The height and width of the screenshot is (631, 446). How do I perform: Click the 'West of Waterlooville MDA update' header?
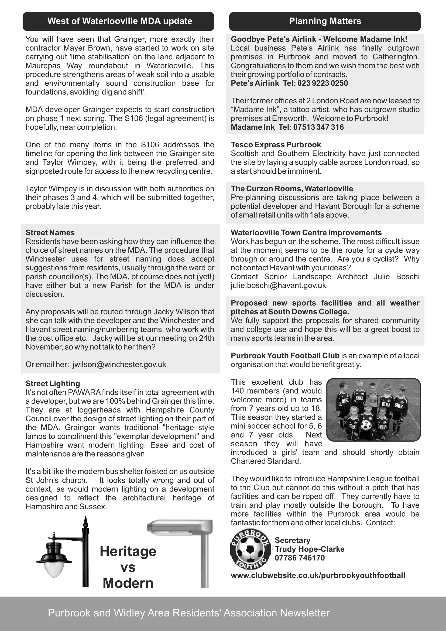point(119,21)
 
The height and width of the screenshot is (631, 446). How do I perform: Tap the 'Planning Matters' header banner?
point(325,21)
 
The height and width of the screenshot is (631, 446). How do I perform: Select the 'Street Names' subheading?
point(50,233)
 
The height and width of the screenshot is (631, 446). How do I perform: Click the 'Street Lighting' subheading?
point(53,383)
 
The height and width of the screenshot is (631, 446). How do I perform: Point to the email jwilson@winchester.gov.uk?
point(119,364)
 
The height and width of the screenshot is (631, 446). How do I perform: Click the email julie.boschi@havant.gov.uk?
point(278,285)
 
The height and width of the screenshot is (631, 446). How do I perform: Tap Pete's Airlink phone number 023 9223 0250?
point(323,83)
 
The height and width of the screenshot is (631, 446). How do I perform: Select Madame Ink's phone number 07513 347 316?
point(318,127)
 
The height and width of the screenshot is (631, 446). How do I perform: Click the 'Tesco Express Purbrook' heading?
point(276,145)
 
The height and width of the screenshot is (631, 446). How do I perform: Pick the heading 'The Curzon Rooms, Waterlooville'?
point(292,189)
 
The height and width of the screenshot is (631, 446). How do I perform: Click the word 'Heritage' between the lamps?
point(128,551)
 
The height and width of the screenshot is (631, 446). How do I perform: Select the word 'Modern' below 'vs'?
point(128,583)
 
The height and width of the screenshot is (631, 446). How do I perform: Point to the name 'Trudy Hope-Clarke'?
point(310,549)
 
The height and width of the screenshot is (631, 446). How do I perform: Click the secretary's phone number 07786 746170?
point(300,558)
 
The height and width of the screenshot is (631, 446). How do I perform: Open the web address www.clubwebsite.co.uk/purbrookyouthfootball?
point(318,575)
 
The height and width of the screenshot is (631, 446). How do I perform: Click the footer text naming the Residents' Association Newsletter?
point(189,613)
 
